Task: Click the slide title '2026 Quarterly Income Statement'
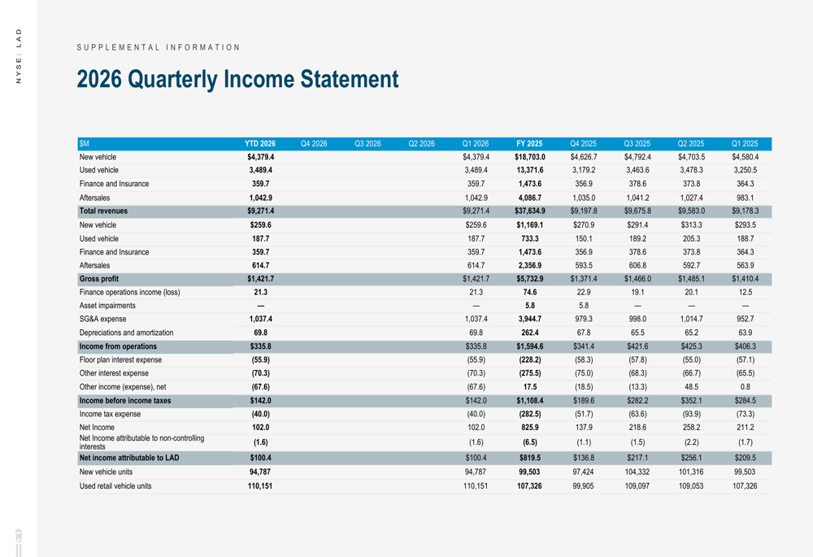click(237, 80)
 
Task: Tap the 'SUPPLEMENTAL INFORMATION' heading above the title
click(159, 47)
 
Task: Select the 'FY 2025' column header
click(529, 143)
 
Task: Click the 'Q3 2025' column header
click(637, 143)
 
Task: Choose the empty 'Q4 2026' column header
click(313, 143)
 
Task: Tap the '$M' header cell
click(84, 143)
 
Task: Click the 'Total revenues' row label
click(105, 211)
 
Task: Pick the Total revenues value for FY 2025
click(529, 211)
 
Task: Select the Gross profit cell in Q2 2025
click(691, 279)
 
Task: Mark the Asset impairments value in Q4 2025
click(583, 306)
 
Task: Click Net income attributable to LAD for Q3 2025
click(637, 458)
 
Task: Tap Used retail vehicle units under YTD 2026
click(260, 485)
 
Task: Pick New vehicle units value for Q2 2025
click(691, 472)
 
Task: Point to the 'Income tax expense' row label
click(110, 414)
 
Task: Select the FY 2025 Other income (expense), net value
click(529, 387)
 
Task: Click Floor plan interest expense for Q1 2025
click(745, 360)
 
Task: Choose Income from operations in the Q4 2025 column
click(583, 346)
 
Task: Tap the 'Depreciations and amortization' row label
click(126, 333)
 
